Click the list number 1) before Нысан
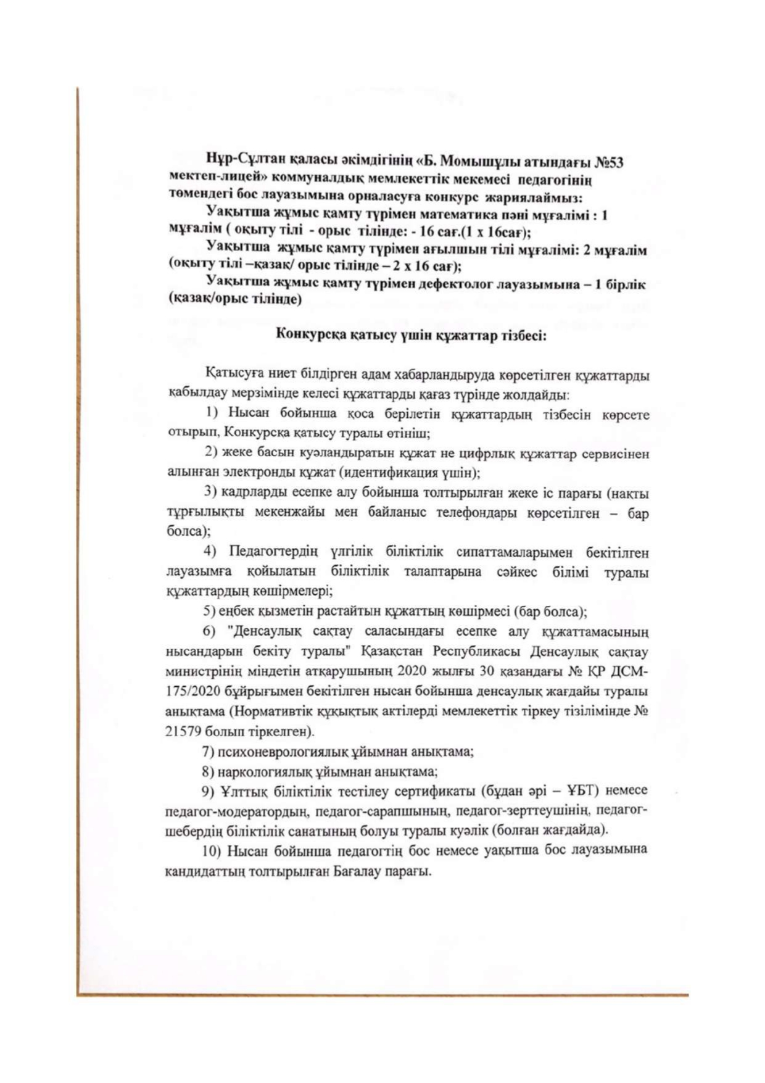coord(212,413)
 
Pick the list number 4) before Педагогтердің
coord(211,550)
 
